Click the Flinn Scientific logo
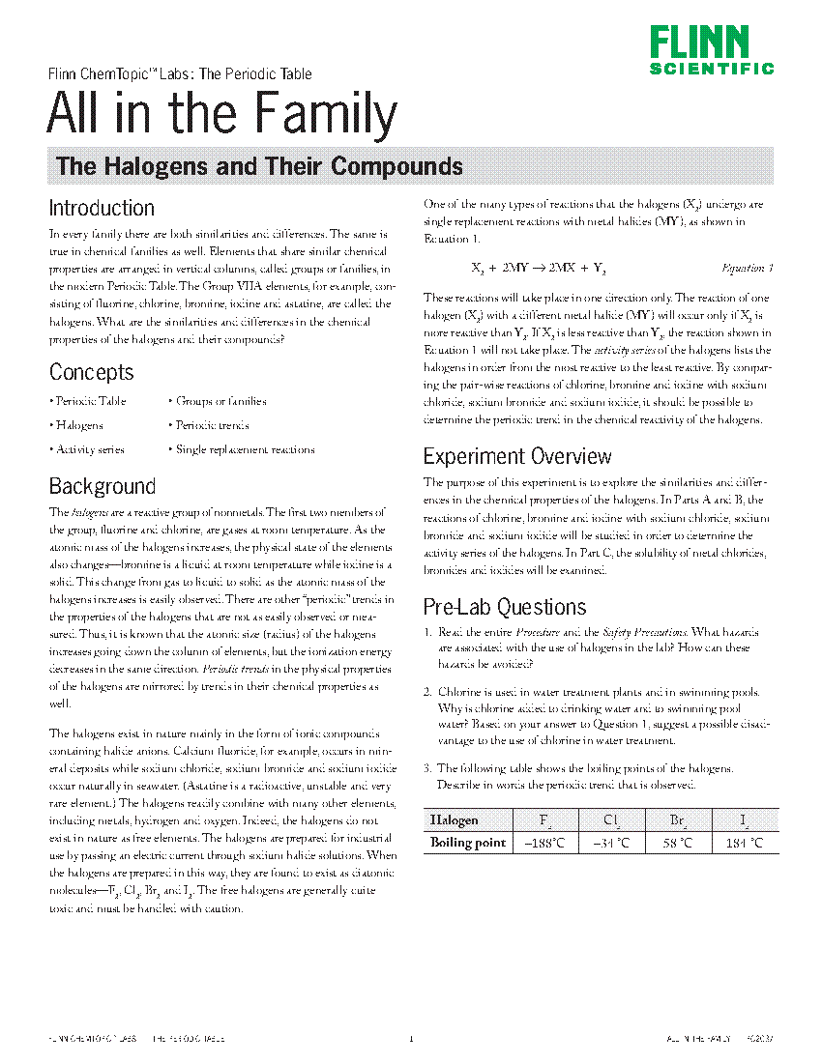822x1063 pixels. (711, 49)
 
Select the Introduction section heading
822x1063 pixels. (102, 208)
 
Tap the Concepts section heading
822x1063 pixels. (92, 372)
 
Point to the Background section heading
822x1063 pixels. (103, 486)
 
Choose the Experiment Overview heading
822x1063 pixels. (517, 456)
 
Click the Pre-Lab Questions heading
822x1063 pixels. (505, 607)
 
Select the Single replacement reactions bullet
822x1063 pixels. (245, 449)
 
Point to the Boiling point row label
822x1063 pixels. (469, 843)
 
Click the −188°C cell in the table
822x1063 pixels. (544, 843)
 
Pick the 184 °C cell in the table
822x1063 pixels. (744, 843)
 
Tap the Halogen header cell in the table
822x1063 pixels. (455, 820)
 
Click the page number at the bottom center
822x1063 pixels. (411, 1039)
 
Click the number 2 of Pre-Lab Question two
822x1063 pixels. (427, 692)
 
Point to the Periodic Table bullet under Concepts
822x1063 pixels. (90, 401)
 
